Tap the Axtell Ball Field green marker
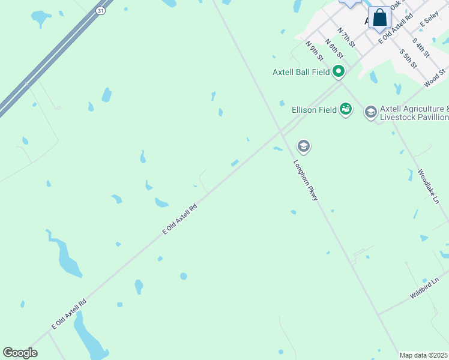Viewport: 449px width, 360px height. (339, 72)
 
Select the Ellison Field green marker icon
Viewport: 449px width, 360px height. (345, 109)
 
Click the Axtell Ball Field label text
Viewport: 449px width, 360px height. (301, 72)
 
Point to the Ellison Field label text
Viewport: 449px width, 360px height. (313, 110)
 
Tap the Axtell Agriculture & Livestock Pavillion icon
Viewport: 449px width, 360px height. (371, 112)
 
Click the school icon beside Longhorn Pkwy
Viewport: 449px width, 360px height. (304, 146)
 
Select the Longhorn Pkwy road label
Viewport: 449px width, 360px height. (306, 179)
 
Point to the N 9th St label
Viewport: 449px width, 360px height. (315, 51)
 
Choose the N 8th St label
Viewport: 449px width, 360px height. (334, 49)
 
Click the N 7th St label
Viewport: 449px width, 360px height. (346, 37)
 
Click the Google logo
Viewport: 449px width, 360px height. (20, 353)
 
